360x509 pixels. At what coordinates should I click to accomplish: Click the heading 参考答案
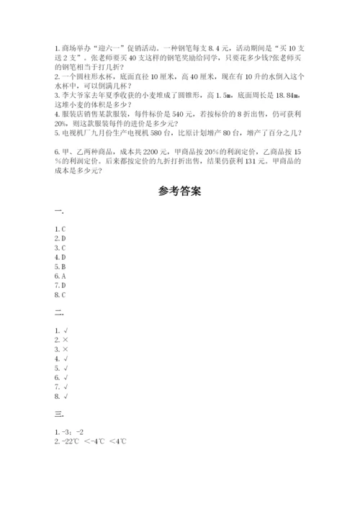tap(180, 192)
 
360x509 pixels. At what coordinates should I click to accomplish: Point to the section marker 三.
tap(58, 415)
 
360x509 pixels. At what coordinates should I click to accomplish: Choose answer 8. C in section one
tap(60, 294)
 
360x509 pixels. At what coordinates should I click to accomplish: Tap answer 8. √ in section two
tap(60, 395)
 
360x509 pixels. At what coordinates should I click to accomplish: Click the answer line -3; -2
tap(74, 432)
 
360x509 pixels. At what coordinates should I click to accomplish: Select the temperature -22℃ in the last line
tap(73, 441)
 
